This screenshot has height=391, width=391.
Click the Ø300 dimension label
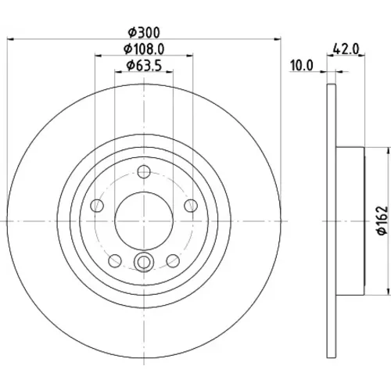coord(144,33)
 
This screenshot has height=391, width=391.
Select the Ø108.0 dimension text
coord(144,49)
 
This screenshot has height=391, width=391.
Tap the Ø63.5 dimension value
coord(144,66)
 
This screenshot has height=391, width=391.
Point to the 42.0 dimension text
coord(346,48)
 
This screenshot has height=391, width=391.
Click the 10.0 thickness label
coord(302,66)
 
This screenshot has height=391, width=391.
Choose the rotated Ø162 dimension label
coord(383,221)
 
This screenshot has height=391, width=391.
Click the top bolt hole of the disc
coord(144,171)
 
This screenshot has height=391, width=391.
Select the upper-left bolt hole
coord(97,206)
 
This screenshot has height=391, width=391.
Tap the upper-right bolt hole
coord(191,206)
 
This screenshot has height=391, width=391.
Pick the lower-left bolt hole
coord(115,260)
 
